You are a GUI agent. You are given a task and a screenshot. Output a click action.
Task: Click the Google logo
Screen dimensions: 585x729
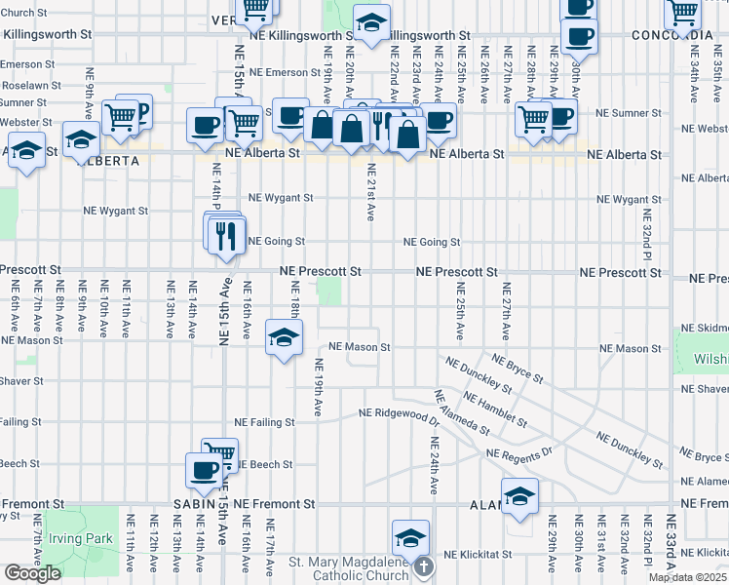tap(32, 573)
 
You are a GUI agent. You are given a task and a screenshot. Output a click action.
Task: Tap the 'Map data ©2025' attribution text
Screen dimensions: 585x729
tap(688, 577)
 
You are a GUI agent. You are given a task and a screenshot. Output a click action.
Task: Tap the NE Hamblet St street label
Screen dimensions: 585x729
tap(496, 410)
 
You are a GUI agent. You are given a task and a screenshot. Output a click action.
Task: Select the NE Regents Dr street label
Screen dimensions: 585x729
tap(518, 454)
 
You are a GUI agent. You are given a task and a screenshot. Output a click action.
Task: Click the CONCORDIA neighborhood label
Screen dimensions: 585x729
tap(671, 35)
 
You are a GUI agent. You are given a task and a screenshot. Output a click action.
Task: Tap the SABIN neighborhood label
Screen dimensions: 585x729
tap(194, 504)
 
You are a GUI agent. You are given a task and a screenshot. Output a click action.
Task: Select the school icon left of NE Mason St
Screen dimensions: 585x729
tap(284, 337)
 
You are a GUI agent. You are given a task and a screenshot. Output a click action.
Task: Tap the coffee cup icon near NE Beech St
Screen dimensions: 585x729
tap(204, 470)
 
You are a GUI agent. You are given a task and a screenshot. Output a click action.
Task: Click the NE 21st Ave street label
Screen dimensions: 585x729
tap(370, 192)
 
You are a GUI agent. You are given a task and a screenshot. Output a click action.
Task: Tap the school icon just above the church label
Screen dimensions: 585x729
tap(410, 537)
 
